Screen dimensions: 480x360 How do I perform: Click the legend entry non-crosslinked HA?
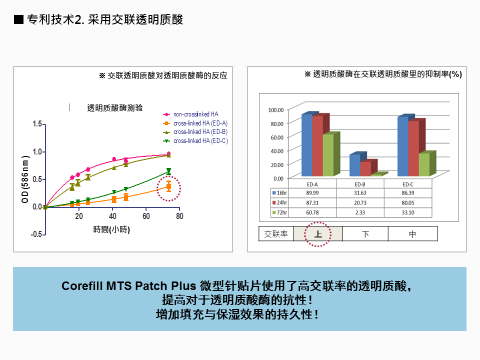190,114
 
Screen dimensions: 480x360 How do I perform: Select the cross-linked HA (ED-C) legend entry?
195,141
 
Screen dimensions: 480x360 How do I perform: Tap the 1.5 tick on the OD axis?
37,124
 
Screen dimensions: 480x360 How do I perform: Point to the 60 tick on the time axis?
146,216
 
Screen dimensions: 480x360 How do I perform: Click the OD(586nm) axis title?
25,179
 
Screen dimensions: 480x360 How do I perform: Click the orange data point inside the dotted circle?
168,186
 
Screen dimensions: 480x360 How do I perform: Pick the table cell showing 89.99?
312,193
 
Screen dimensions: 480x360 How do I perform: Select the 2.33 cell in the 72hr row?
360,212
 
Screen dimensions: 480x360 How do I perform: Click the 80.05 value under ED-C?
408,203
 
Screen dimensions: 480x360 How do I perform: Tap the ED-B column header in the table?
360,184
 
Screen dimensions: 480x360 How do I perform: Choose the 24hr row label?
279,202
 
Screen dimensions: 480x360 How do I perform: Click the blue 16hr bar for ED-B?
355,165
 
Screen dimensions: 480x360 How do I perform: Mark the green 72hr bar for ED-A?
328,155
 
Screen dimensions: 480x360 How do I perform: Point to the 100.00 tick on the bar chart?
276,110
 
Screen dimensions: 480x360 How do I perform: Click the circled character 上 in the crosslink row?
318,234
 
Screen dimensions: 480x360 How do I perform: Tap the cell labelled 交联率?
276,234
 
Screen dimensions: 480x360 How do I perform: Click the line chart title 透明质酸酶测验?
115,108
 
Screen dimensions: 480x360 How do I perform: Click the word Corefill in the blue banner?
82,286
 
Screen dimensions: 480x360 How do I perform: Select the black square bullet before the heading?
18,19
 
